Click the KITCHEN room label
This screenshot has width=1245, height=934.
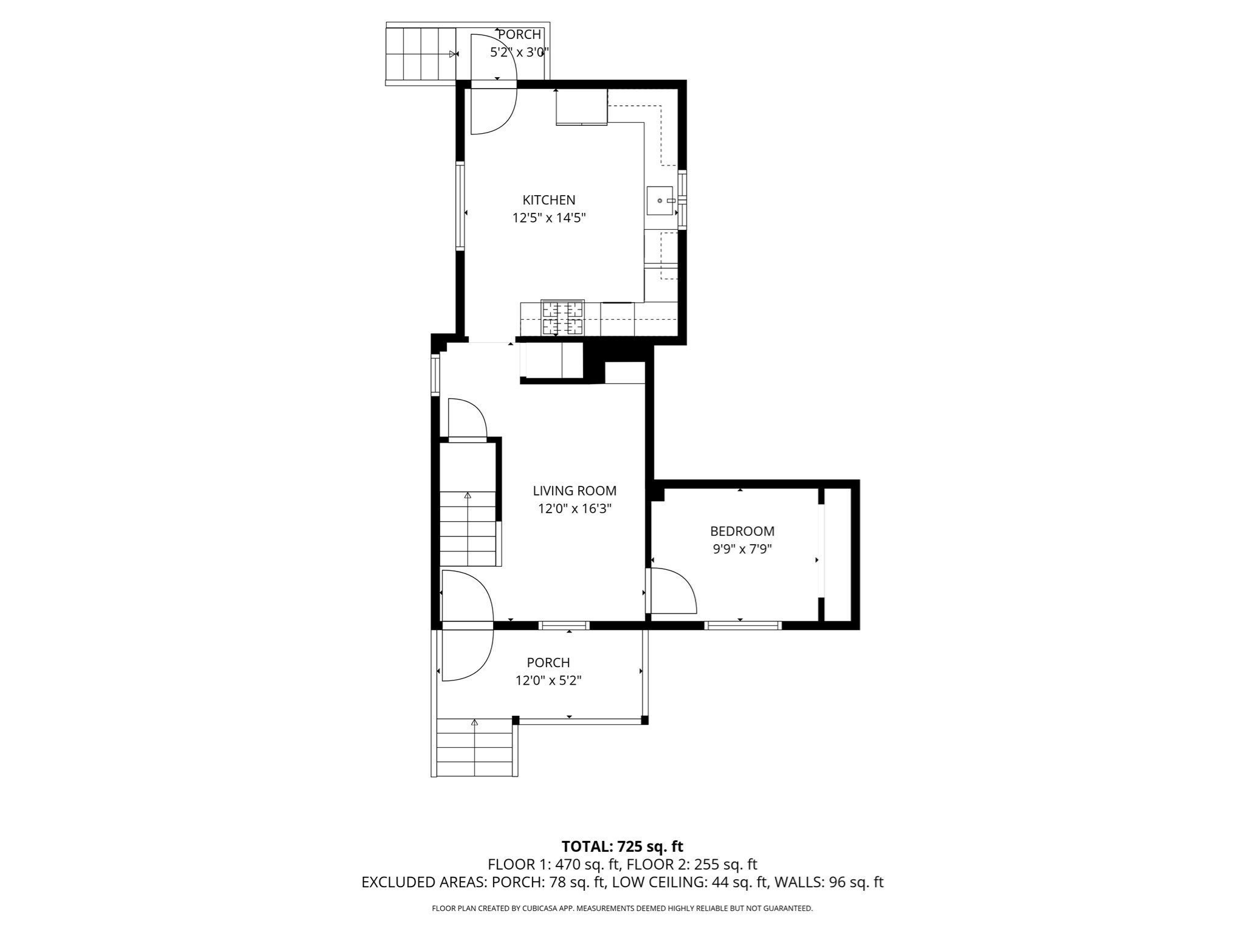tap(548, 200)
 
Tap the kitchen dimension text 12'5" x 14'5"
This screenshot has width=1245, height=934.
tap(548, 218)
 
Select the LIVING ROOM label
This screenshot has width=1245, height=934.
tap(574, 491)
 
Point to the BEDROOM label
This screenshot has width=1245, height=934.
tap(742, 531)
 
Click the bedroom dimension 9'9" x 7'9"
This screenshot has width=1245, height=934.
tap(742, 549)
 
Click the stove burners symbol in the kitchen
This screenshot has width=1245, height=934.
tap(562, 318)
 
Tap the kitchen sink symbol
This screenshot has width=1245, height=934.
tap(660, 201)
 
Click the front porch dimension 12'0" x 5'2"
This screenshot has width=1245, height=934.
tap(548, 680)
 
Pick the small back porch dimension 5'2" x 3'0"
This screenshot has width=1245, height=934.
tap(520, 52)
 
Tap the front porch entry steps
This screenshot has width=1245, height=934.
tap(475, 747)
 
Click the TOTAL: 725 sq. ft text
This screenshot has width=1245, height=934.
tap(622, 846)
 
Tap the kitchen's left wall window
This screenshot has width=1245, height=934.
tap(460, 206)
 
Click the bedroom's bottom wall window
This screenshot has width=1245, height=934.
tap(743, 625)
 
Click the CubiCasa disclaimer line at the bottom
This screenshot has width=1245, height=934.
tap(622, 908)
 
